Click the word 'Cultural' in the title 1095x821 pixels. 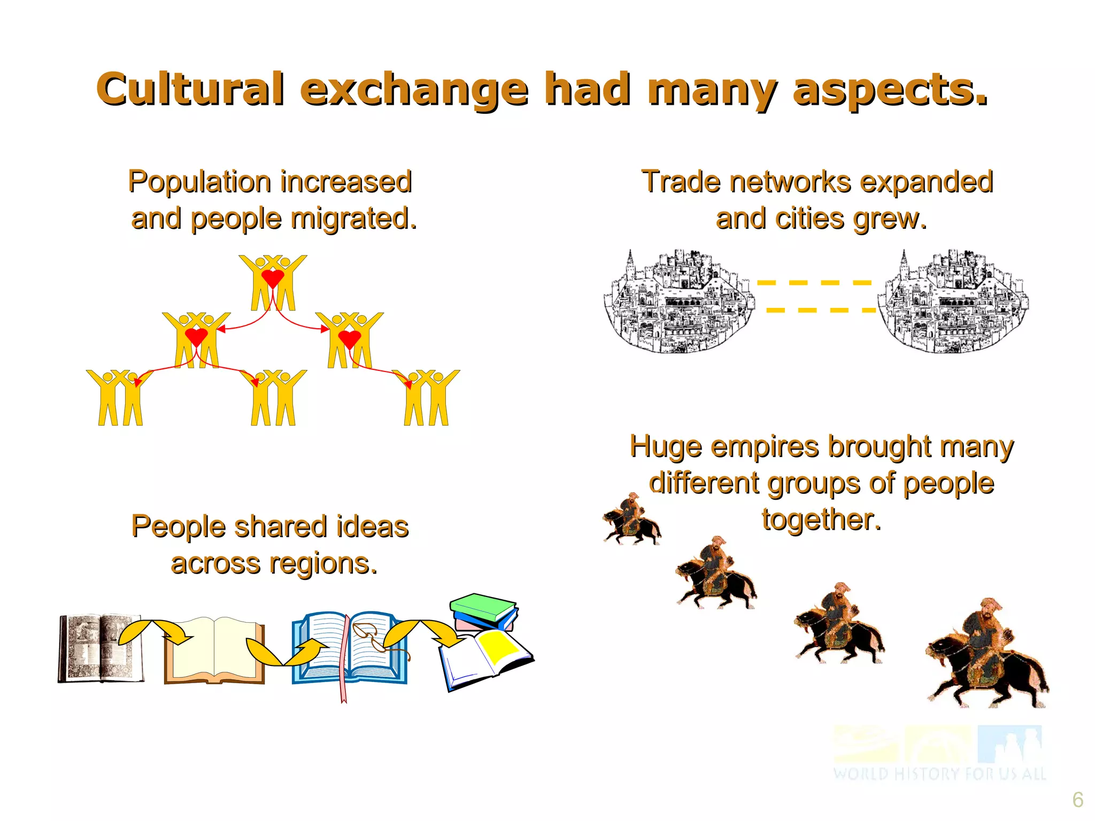[x=189, y=89]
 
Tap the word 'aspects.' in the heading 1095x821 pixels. [x=890, y=89]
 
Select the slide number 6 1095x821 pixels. [x=1077, y=800]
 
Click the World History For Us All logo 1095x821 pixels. [x=939, y=753]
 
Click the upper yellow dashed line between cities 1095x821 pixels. [x=814, y=282]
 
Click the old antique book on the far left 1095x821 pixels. [x=100, y=648]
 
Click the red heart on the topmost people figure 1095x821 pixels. [x=273, y=278]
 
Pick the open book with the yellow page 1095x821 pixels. [x=485, y=659]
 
